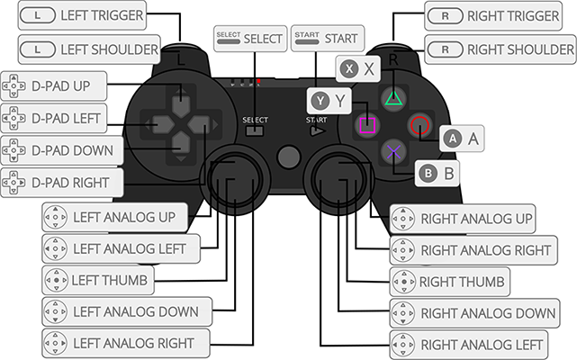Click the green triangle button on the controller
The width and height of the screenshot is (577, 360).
[x=392, y=98]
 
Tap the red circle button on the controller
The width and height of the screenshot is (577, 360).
[x=419, y=125]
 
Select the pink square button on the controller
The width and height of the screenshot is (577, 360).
[x=365, y=125]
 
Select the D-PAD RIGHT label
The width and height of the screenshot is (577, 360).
[x=61, y=183]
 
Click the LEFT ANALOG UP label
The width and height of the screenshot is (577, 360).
[x=114, y=217]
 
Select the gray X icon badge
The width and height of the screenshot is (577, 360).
[x=346, y=67]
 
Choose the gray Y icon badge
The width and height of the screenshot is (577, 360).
[x=320, y=100]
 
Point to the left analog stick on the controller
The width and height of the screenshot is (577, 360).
[x=232, y=176]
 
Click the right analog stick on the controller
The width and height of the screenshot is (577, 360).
[x=343, y=176]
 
